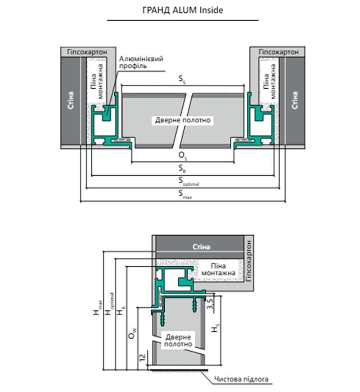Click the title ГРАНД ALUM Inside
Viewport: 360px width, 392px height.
point(183,10)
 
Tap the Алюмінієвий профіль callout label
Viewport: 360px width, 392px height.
point(141,62)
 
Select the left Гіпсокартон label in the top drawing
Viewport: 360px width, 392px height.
point(87,52)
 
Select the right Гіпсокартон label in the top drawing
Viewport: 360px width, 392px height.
point(279,52)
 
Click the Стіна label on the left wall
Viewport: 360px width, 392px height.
point(71,100)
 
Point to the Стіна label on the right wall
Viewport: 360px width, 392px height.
point(295,100)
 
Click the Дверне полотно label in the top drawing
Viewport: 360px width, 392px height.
point(183,120)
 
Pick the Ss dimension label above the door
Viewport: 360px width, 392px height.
point(182,79)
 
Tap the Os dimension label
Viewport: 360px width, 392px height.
point(183,156)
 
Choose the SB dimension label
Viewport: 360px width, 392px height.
point(182,169)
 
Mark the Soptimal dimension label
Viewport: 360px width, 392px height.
point(189,181)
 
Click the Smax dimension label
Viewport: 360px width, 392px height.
point(185,194)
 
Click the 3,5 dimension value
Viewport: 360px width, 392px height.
point(211,304)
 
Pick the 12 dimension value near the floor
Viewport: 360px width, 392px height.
point(142,357)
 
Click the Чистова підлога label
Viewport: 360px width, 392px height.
point(241,379)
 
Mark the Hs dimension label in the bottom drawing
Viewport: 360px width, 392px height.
point(215,328)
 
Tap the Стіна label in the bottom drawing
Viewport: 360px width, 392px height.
point(201,247)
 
